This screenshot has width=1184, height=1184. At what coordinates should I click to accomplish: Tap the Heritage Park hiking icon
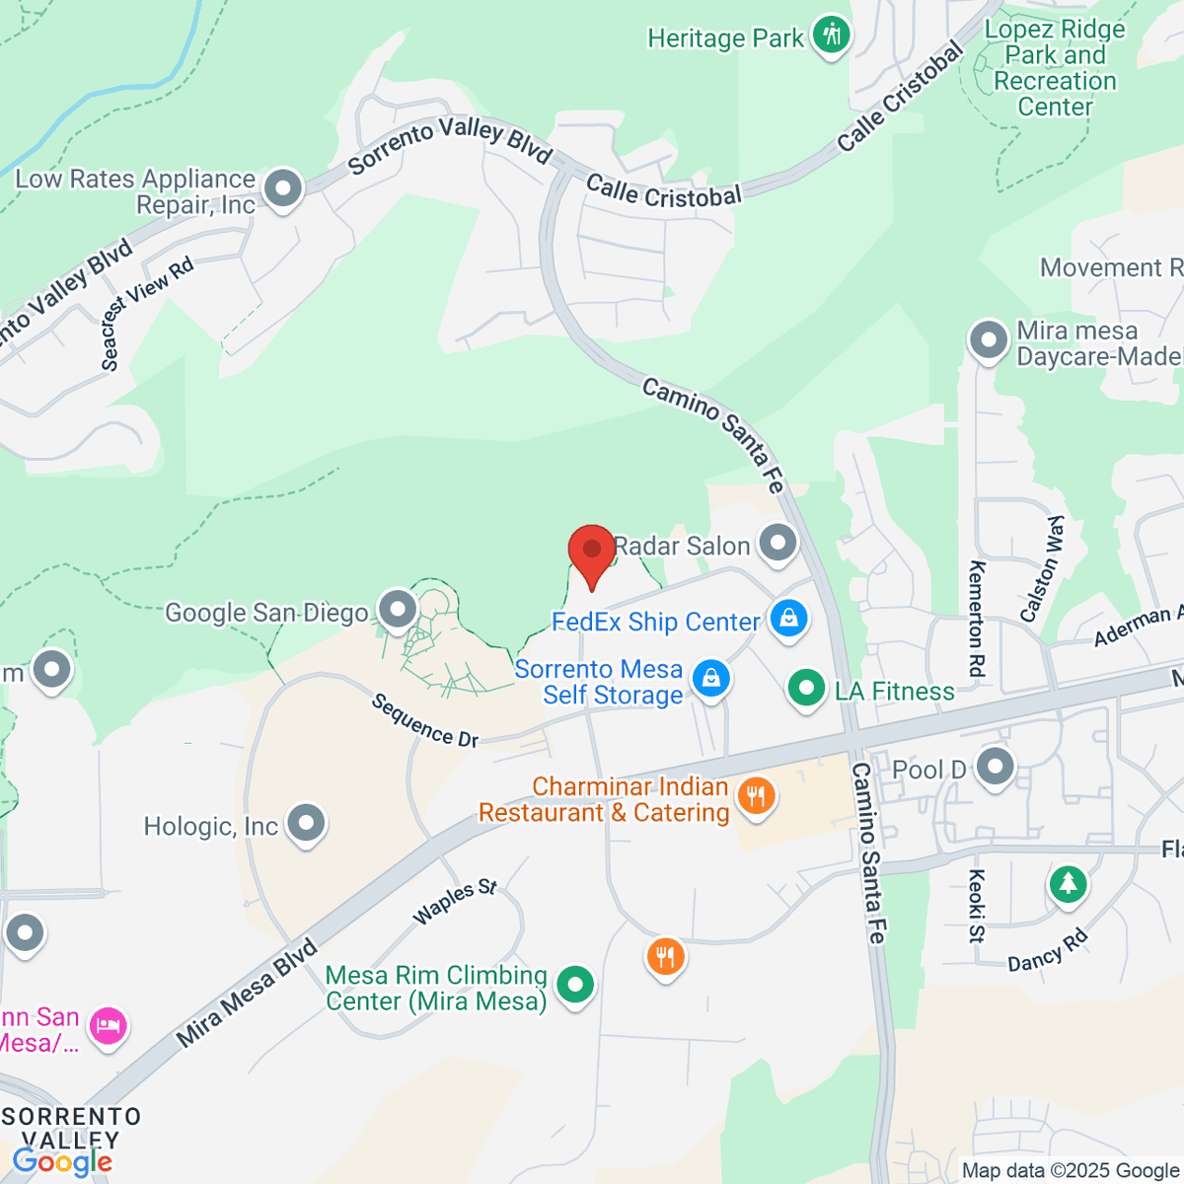click(832, 37)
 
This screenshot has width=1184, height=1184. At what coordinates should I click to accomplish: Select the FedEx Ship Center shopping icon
click(788, 620)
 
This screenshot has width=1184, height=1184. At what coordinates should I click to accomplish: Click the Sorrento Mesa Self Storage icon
click(710, 679)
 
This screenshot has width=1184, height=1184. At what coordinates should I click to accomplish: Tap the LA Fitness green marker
click(806, 688)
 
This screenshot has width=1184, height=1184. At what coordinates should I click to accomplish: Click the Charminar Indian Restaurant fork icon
click(756, 795)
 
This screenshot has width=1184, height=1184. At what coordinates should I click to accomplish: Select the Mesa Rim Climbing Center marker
click(574, 984)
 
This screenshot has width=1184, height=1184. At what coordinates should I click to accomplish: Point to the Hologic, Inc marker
click(306, 823)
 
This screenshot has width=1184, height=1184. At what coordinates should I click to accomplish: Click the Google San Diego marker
click(398, 610)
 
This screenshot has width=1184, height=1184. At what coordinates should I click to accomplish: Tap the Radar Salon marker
click(778, 544)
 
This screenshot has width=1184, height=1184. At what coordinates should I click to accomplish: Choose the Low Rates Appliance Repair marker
click(284, 188)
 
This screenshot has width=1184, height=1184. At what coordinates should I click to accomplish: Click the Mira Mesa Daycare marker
click(988, 340)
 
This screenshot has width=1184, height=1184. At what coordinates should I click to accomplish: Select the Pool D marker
click(995, 767)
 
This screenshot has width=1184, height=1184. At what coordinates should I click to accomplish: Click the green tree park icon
click(1068, 882)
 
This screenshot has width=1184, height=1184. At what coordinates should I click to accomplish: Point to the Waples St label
click(455, 902)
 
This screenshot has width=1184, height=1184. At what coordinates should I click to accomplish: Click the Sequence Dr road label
click(425, 720)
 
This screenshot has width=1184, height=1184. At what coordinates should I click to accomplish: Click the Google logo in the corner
click(62, 1162)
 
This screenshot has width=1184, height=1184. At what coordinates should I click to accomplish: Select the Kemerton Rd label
click(976, 619)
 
